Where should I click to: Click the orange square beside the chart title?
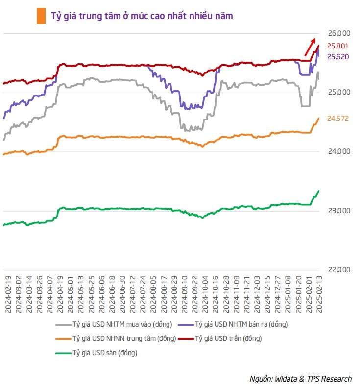41,16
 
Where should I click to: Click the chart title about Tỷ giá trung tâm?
142,16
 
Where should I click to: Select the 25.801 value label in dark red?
337,46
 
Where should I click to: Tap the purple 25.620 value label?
337,57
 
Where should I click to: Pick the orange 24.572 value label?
337,119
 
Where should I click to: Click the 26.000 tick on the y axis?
339,33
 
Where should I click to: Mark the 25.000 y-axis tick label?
339,92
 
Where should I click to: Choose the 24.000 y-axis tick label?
339,151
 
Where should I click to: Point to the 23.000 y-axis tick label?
339,211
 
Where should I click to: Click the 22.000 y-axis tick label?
339,270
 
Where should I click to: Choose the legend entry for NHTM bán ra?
241,324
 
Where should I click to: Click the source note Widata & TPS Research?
300,379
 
